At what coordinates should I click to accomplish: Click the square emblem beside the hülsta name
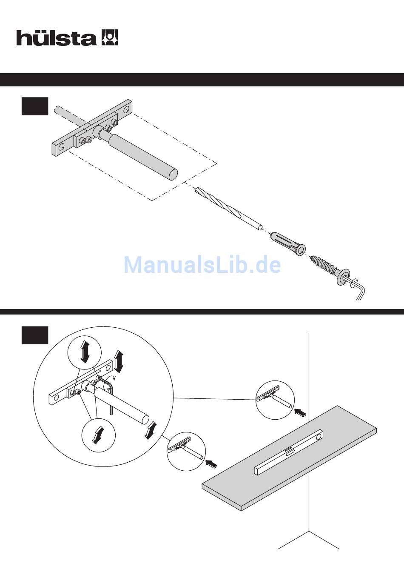110,37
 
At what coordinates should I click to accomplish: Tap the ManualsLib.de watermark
202,265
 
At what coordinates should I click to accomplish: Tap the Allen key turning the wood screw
358,288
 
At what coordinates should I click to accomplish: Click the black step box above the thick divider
34,106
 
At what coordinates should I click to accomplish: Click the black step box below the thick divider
34,335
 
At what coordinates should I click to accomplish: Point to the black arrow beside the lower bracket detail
212,463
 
